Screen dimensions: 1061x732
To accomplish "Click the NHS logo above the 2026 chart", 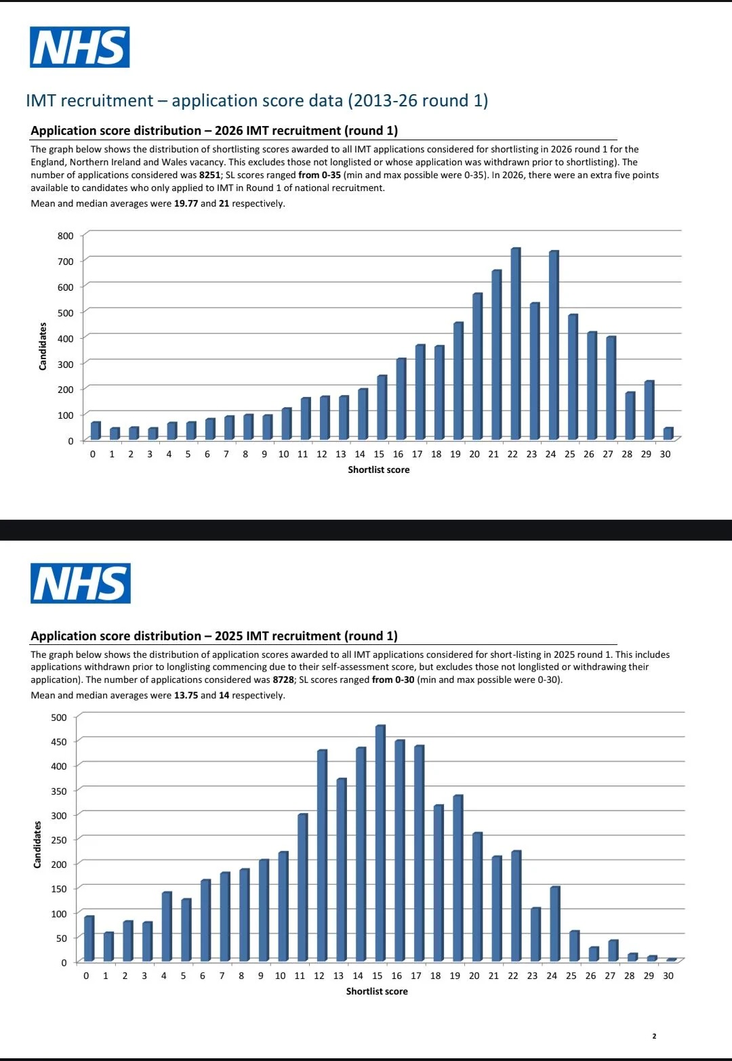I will [x=80, y=47].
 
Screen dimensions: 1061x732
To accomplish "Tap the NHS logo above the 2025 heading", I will [x=81, y=583].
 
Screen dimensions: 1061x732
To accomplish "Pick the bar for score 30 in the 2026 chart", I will [x=668, y=434].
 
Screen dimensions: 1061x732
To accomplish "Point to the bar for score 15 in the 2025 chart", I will [x=380, y=843].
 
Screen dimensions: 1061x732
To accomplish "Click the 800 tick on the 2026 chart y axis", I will [x=66, y=236].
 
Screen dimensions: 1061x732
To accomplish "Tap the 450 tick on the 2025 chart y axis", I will [x=59, y=742].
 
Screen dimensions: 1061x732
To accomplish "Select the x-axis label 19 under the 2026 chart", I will [x=455, y=454].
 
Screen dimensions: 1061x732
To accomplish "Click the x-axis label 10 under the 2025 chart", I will [x=281, y=976].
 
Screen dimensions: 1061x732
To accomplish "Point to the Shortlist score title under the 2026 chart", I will [x=378, y=470].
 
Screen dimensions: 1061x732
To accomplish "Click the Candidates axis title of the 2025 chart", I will [x=37, y=844].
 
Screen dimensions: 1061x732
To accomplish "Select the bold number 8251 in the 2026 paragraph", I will [x=210, y=175].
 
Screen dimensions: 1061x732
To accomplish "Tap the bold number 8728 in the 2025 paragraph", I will [x=283, y=680].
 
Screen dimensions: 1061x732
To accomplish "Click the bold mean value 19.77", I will [x=186, y=203].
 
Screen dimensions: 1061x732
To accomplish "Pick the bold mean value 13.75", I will [x=186, y=695].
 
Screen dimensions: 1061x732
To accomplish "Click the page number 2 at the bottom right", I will [x=654, y=1036].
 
